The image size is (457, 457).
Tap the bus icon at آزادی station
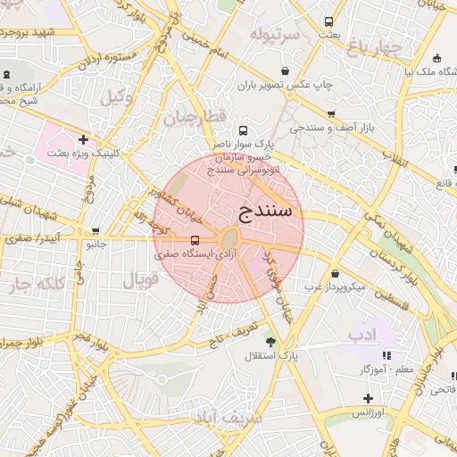195,239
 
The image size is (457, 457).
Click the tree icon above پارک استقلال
270,341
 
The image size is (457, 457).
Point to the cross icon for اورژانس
368,397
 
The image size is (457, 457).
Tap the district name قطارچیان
189,117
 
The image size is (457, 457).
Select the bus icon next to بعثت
329,21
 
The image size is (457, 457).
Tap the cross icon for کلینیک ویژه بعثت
83,139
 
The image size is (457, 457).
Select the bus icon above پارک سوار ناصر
244,130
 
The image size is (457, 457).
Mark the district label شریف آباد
226,417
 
